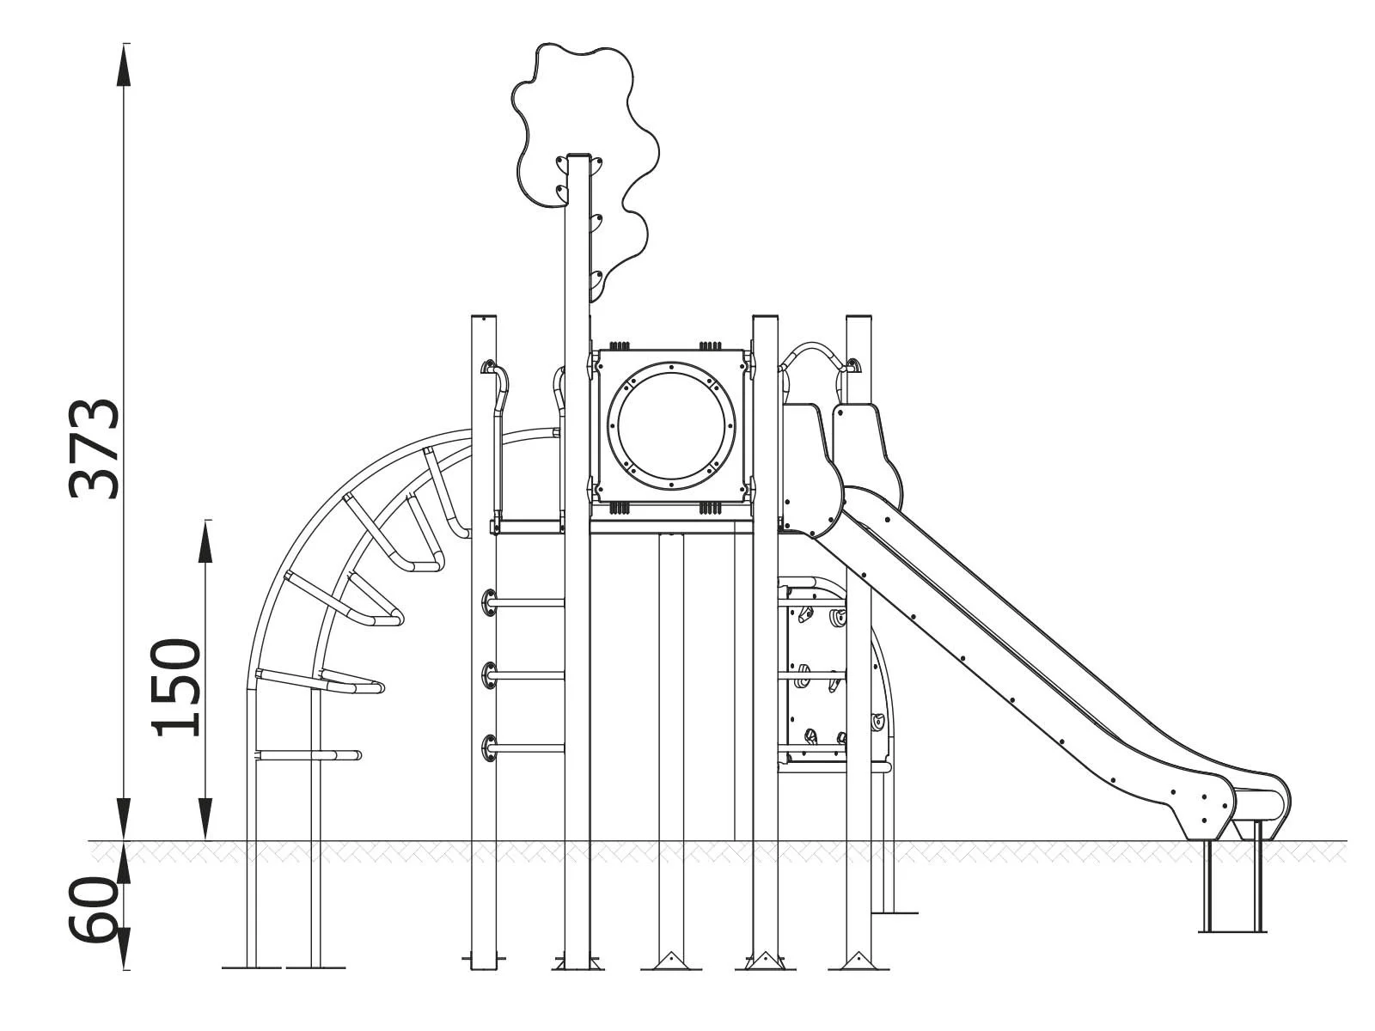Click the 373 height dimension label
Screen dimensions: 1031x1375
click(x=95, y=448)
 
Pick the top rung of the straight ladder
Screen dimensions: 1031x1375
click(x=526, y=603)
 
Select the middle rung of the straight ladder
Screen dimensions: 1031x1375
click(x=526, y=676)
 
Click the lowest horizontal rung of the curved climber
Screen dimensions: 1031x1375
click(x=309, y=756)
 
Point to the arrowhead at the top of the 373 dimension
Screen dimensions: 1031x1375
click(x=125, y=64)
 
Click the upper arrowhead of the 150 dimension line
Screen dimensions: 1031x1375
click(x=205, y=541)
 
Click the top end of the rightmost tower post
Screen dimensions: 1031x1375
click(x=859, y=320)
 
